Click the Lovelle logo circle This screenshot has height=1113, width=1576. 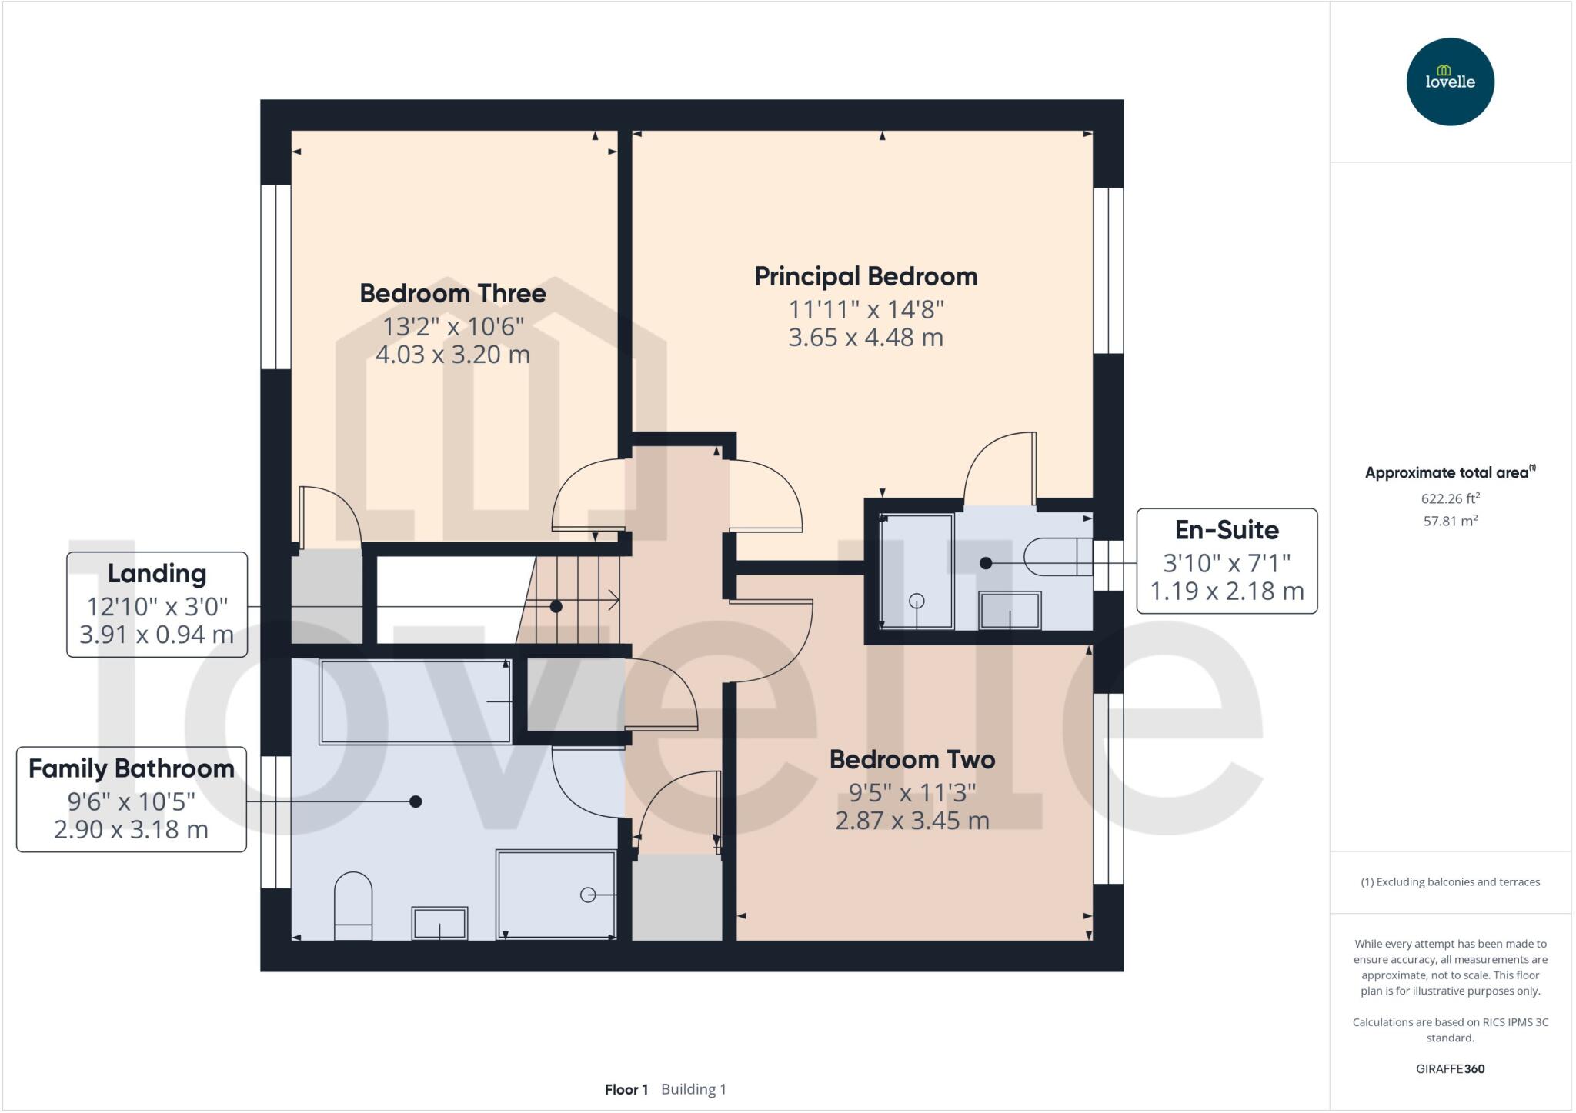[1450, 82]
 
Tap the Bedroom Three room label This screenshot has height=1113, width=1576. [452, 293]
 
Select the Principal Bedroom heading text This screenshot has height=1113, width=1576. [866, 276]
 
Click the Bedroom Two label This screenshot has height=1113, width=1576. [912, 759]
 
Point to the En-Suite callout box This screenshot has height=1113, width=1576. [1227, 561]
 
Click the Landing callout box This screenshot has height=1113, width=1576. [157, 605]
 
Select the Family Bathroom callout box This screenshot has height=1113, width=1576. [132, 799]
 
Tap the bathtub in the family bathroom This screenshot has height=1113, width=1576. [415, 701]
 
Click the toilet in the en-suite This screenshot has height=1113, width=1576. [1059, 556]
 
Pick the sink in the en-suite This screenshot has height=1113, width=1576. [1010, 611]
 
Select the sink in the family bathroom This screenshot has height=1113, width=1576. [439, 923]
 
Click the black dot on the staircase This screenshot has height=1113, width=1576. [556, 607]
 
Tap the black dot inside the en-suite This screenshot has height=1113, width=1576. [986, 563]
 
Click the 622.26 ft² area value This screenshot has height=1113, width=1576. [1450, 498]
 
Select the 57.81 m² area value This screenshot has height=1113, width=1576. [1450, 521]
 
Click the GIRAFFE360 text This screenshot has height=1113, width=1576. [1450, 1068]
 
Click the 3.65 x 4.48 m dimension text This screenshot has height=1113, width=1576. [866, 338]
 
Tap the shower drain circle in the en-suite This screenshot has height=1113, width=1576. [917, 601]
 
